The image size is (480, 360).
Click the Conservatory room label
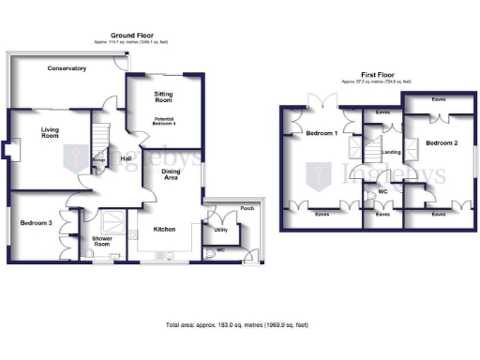(x=67, y=68)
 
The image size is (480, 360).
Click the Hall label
(x=126, y=158)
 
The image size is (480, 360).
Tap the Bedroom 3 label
(x=37, y=222)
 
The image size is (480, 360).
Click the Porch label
(x=247, y=207)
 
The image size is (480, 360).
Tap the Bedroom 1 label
(x=322, y=133)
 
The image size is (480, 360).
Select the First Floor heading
(x=380, y=76)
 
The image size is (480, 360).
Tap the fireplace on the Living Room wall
(x=7, y=150)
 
